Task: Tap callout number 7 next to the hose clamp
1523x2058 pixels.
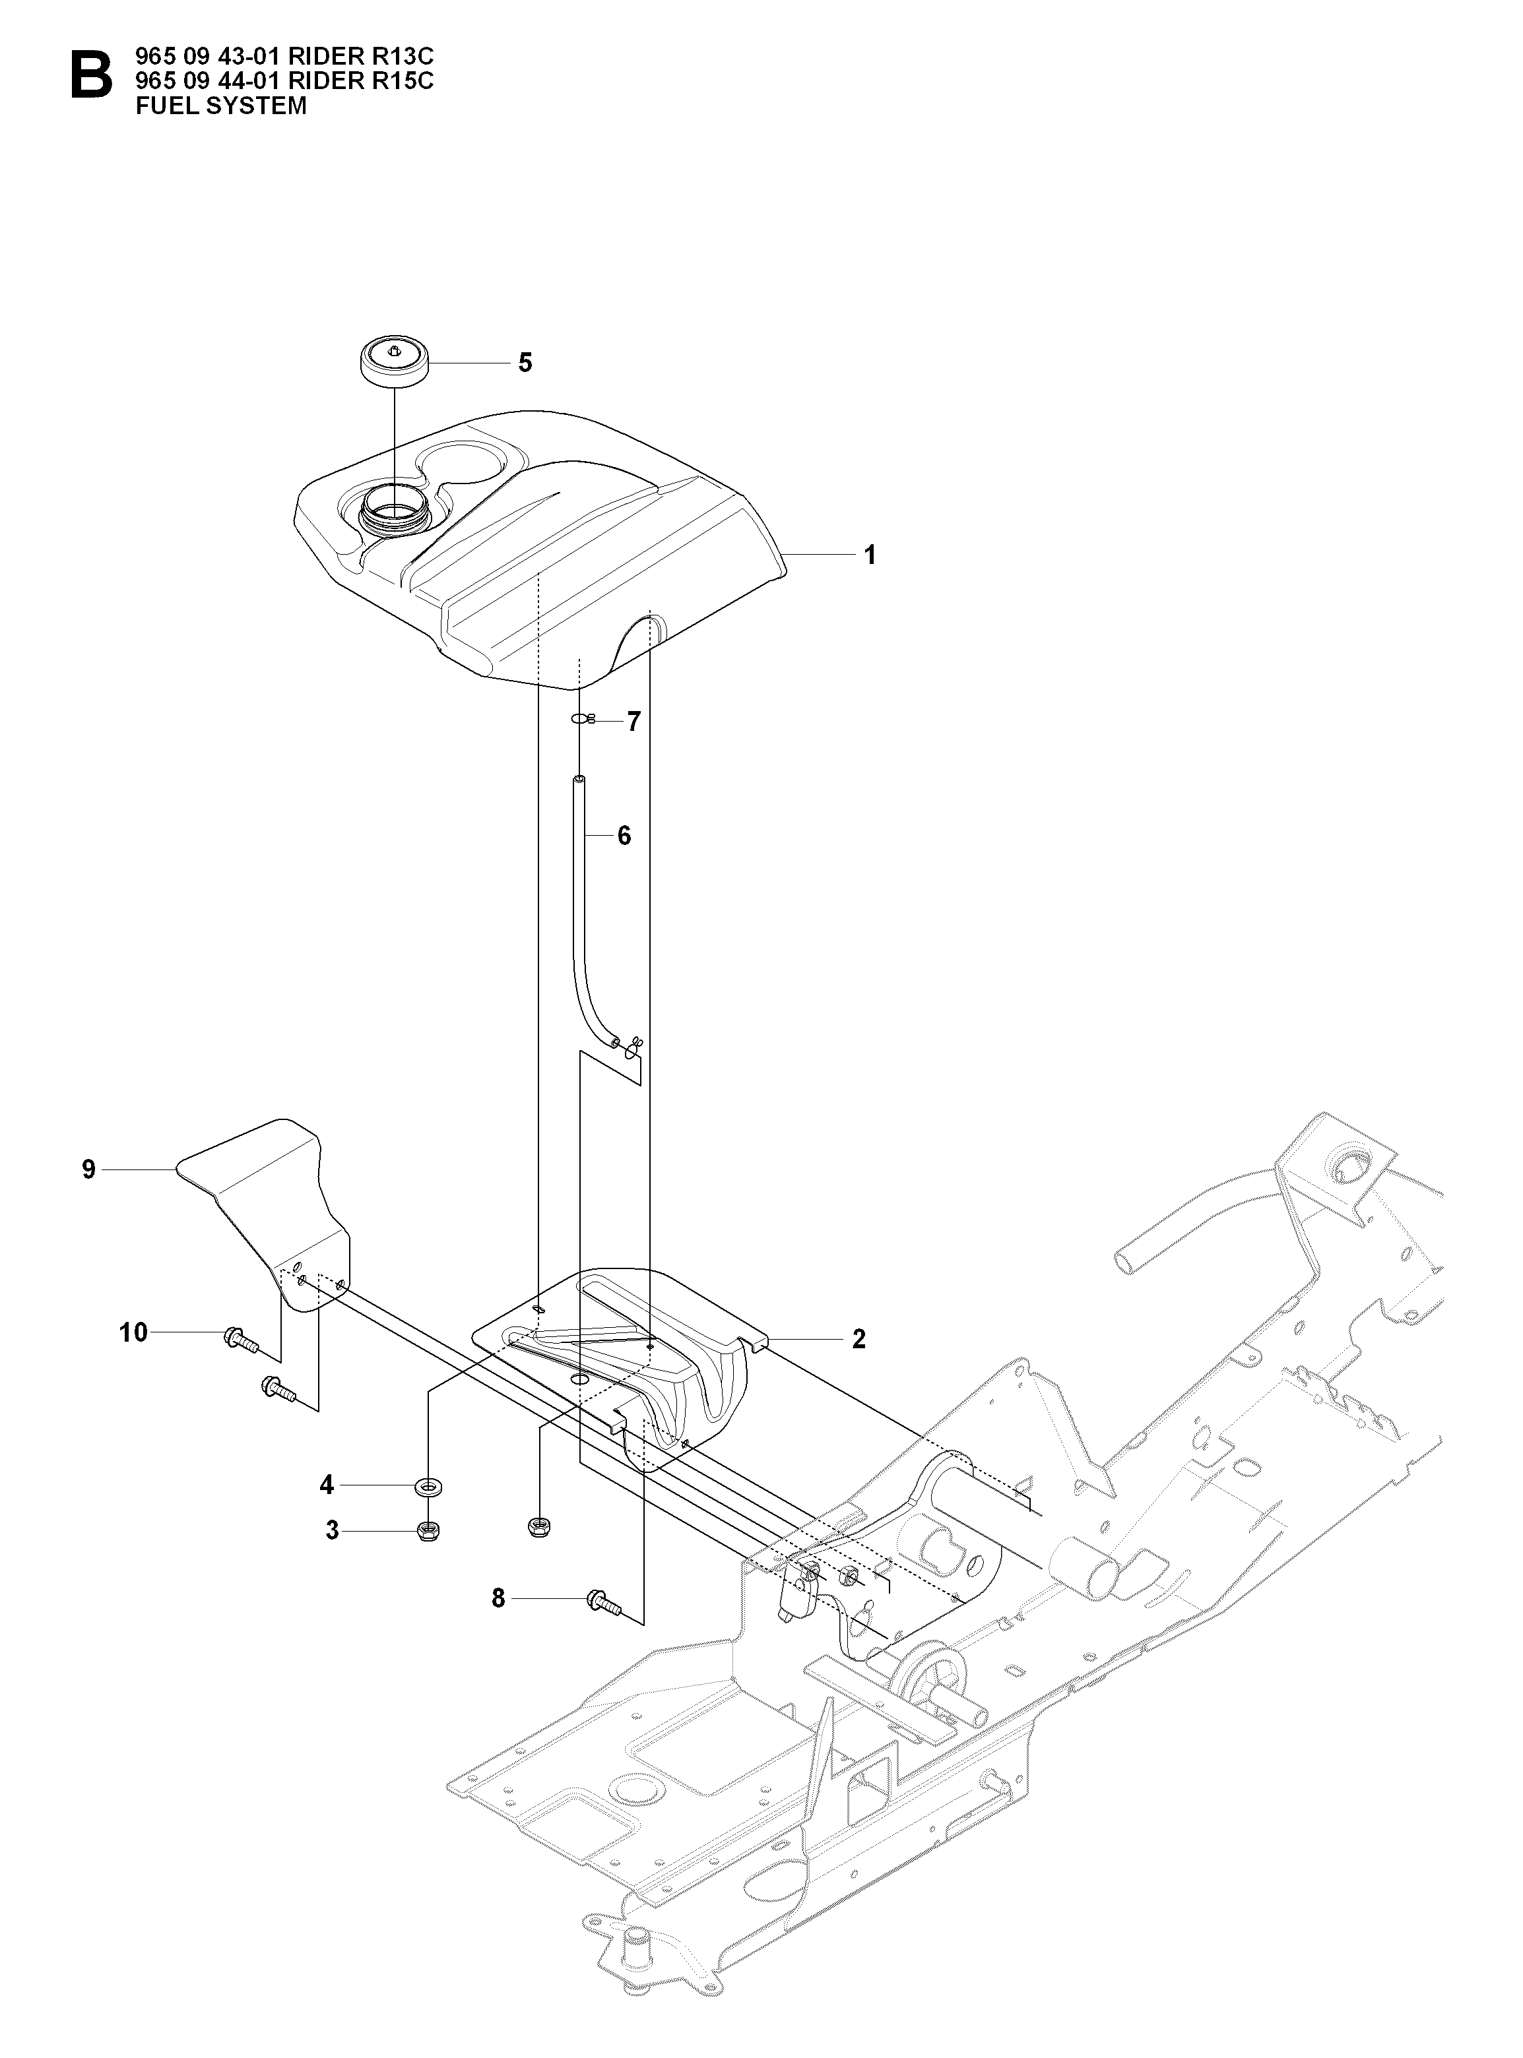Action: click(x=633, y=722)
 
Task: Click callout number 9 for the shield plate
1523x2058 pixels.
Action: click(x=88, y=1169)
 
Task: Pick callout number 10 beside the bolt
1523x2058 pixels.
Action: click(x=134, y=1332)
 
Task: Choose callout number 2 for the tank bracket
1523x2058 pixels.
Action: click(x=859, y=1339)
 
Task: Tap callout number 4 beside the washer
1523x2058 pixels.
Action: click(x=327, y=1485)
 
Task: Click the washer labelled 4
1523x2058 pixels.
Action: click(x=428, y=1485)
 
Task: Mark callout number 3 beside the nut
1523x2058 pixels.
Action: click(x=332, y=1531)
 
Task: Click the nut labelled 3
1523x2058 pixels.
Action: click(x=428, y=1532)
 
